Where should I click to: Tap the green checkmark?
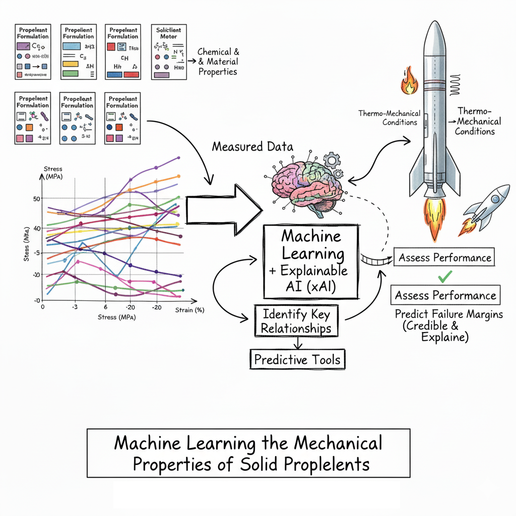pos(445,276)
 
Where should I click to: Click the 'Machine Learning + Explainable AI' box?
pos(311,262)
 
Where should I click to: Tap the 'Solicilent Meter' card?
pos(169,51)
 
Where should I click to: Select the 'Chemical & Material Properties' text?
pos(218,62)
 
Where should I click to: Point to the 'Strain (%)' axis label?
pos(189,310)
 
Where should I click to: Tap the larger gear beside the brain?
pos(331,160)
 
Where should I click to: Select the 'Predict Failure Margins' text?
pos(448,314)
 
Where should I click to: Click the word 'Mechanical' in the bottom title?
pos(338,444)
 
